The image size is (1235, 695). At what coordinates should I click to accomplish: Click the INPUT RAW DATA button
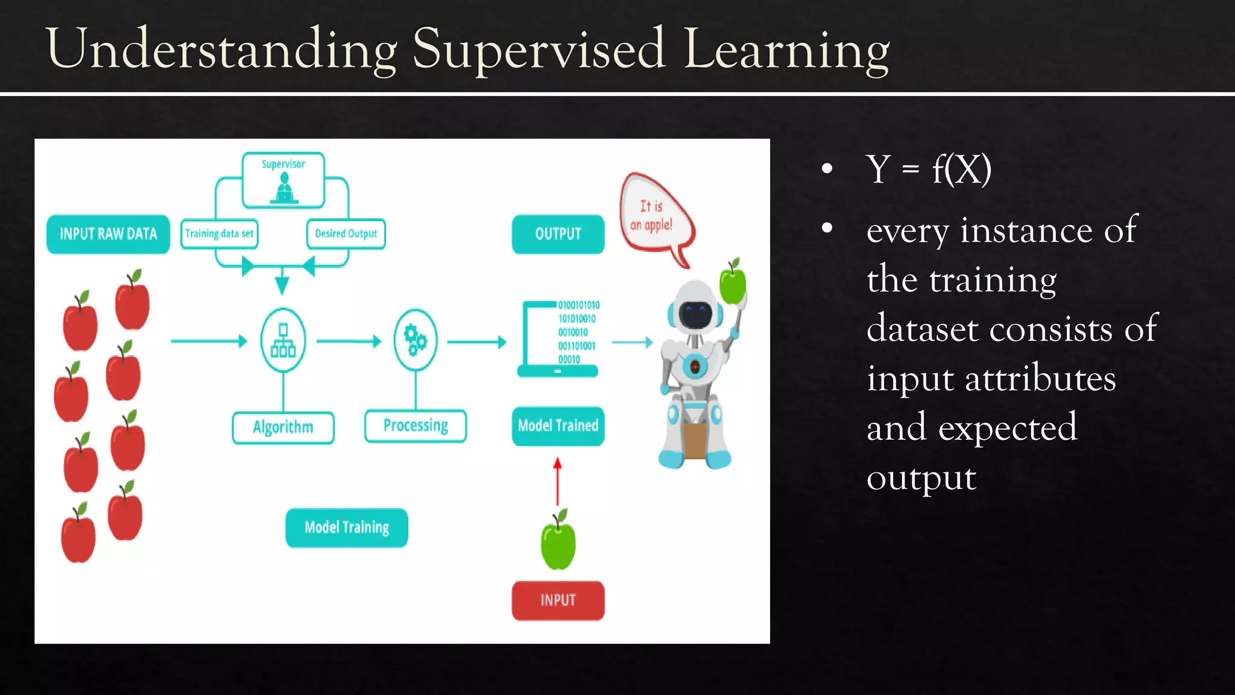point(108,234)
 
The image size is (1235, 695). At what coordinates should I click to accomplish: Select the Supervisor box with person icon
point(283,180)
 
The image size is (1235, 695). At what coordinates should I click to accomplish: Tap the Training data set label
point(219,233)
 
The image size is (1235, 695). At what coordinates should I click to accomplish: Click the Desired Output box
point(346,233)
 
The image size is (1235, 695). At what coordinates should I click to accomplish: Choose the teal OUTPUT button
point(558,234)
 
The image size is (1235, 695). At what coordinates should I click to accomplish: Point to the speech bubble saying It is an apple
point(654,217)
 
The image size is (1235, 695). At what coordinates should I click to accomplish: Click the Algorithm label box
point(283,427)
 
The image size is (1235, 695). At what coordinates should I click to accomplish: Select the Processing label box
point(415,426)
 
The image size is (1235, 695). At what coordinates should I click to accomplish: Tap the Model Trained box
point(558,426)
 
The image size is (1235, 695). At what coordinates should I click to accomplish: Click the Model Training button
point(347,528)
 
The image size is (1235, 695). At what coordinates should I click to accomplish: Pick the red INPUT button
point(558,600)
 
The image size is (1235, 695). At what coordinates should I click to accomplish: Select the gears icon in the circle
point(415,340)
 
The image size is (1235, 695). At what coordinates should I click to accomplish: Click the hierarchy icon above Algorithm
point(283,340)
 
